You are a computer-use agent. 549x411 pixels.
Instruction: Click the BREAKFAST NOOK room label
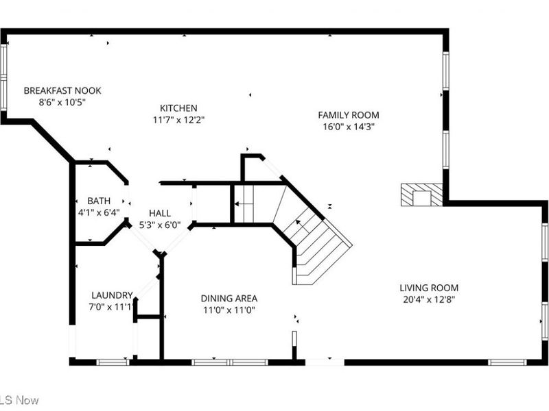[62, 90]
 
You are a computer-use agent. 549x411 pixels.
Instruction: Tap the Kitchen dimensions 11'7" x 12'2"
[178, 119]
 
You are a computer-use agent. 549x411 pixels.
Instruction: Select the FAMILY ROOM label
[348, 115]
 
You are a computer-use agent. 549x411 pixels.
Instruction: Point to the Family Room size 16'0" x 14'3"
[348, 126]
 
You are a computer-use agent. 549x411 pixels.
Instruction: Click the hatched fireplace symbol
[421, 195]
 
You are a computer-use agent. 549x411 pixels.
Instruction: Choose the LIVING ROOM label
[429, 288]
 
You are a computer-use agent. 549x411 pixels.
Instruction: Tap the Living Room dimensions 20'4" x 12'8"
[429, 299]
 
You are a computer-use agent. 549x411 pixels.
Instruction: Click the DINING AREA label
[229, 298]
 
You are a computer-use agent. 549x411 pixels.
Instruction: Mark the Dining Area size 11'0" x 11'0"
[229, 309]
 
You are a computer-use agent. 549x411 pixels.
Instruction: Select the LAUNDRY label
[111, 295]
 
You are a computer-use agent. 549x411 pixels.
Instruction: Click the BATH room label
[99, 201]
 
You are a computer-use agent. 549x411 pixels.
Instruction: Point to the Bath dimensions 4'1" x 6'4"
[99, 212]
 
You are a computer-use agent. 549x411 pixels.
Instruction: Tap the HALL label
[159, 213]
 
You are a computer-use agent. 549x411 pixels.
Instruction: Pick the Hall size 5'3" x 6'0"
[159, 224]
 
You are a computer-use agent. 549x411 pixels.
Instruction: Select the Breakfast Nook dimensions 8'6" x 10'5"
[62, 101]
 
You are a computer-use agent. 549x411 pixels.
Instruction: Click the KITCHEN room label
[178, 108]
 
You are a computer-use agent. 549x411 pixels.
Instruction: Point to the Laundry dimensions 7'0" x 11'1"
[111, 306]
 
